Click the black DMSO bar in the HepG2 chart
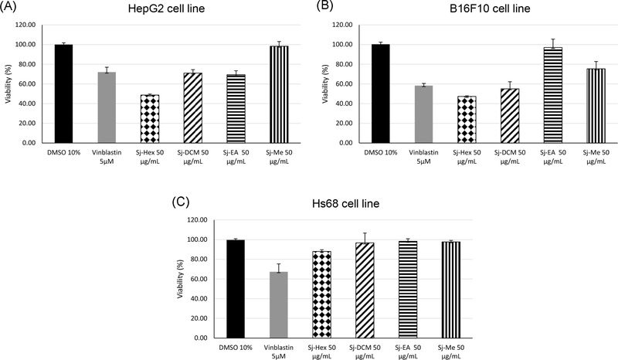[x=63, y=93]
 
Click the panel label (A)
[x=13, y=7]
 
